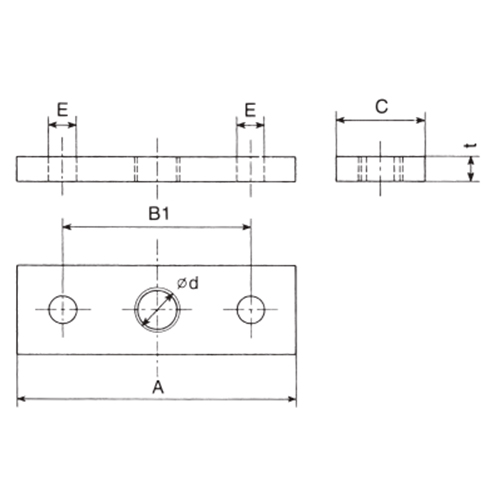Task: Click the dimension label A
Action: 158,387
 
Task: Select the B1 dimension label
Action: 159,214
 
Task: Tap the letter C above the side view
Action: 381,107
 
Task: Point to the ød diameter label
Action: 188,284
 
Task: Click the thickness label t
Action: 471,146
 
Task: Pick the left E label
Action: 62,110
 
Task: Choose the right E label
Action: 250,110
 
